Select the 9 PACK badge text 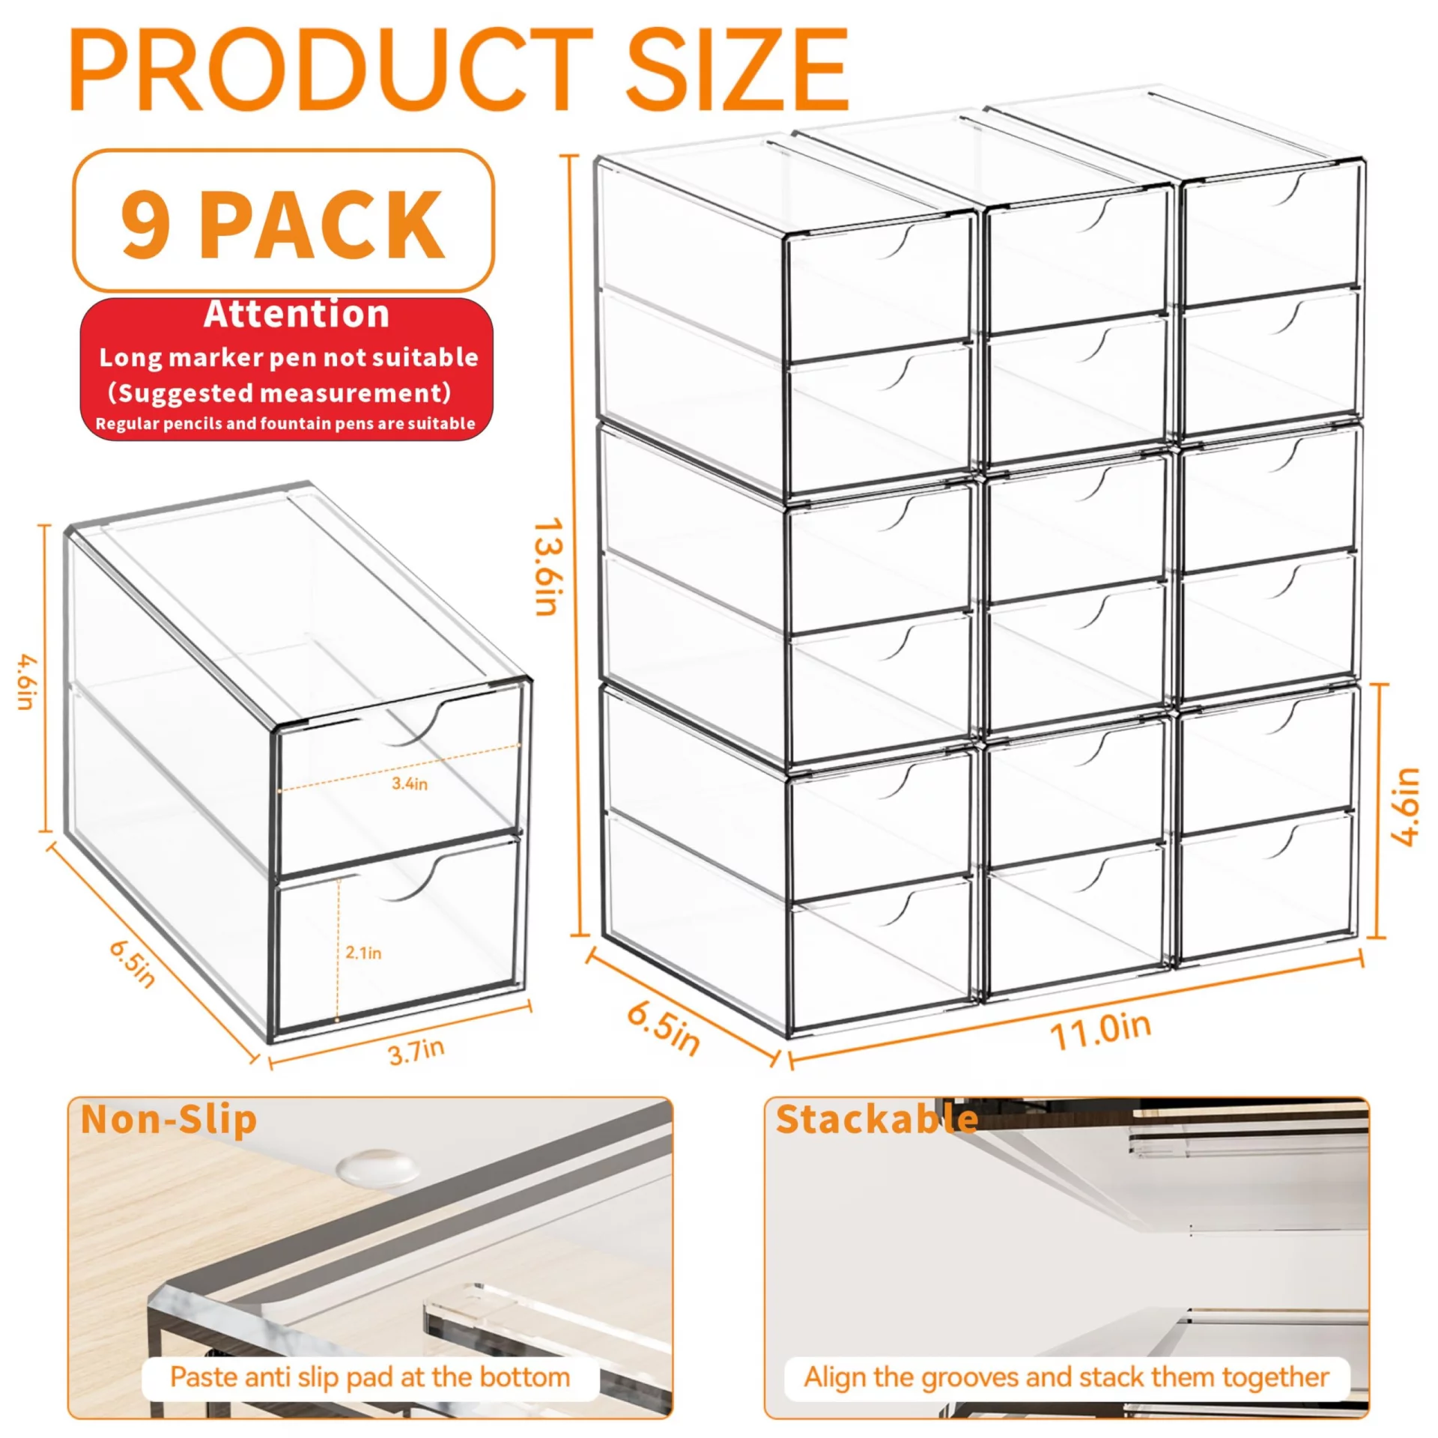pyautogui.click(x=283, y=223)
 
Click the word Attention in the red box pyautogui.click(x=297, y=314)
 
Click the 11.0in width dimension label pyautogui.click(x=1100, y=1031)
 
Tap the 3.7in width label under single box pyautogui.click(x=416, y=1052)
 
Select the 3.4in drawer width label pyautogui.click(x=410, y=783)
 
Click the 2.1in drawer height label pyautogui.click(x=363, y=953)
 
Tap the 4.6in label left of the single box pyautogui.click(x=27, y=682)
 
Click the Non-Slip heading pyautogui.click(x=169, y=1119)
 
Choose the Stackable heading pyautogui.click(x=877, y=1119)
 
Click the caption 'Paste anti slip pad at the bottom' pyautogui.click(x=370, y=1377)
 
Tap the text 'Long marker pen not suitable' pyautogui.click(x=289, y=358)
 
